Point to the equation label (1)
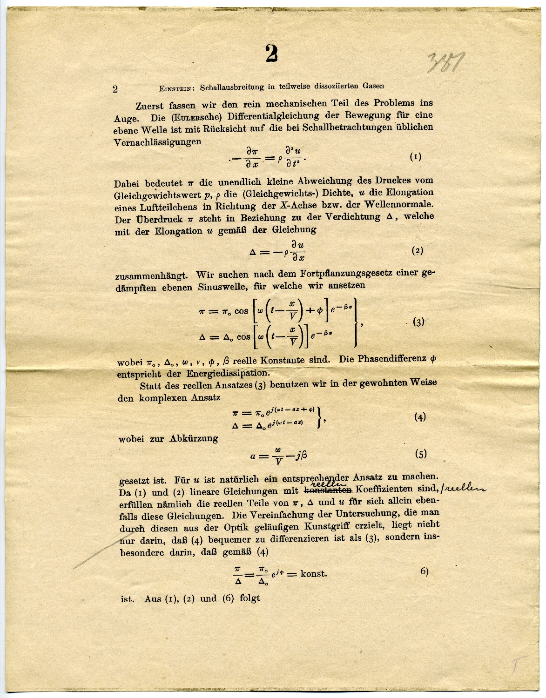click(415, 157)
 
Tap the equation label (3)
click(418, 322)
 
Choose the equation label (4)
click(420, 417)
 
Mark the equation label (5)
click(420, 455)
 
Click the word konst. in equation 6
click(313, 573)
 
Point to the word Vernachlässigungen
click(158, 141)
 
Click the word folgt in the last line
click(249, 598)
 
